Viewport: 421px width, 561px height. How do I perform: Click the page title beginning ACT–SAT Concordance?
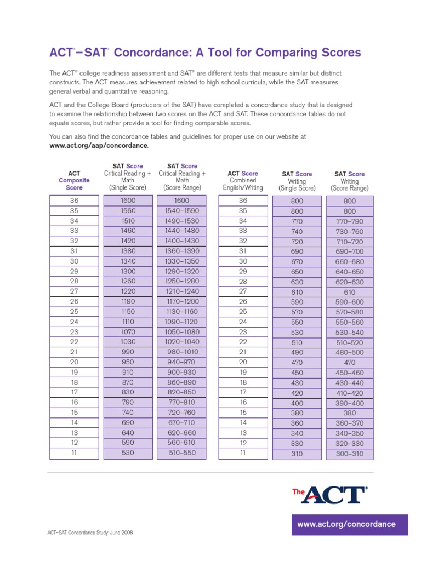(205, 53)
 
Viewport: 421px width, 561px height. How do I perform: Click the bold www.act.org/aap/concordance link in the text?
(98, 146)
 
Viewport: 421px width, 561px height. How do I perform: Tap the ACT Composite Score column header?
(74, 180)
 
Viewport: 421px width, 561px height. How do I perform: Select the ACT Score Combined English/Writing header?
(243, 180)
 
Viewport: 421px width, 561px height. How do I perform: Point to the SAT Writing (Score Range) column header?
(349, 181)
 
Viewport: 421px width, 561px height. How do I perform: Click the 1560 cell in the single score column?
(128, 211)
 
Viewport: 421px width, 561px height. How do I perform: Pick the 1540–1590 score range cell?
(182, 211)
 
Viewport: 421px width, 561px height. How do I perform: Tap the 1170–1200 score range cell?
(182, 301)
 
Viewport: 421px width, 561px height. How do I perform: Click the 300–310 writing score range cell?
(349, 454)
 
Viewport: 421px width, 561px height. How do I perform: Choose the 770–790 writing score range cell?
(349, 221)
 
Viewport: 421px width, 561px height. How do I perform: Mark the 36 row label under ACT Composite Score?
(74, 201)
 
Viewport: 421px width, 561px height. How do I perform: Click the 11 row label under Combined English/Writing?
(243, 453)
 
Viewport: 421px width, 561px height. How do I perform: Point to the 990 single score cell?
(128, 352)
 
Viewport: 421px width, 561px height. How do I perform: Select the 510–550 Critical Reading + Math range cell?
(182, 453)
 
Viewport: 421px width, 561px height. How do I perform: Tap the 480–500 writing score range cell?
(349, 353)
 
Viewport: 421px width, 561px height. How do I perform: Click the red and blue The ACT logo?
(329, 495)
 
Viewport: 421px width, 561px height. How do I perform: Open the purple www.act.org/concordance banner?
(346, 524)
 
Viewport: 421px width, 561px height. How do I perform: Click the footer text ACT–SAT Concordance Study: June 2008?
(91, 533)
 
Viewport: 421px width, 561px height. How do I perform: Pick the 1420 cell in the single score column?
(128, 241)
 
